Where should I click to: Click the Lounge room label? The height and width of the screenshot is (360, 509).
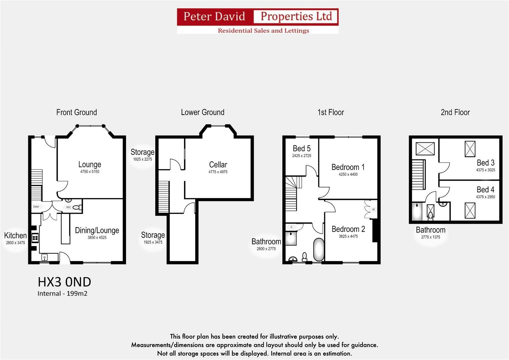pos(90,165)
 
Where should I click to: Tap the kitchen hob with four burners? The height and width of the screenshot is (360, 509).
pos(35,238)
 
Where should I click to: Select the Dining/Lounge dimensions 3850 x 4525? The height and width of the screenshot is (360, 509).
pos(97,237)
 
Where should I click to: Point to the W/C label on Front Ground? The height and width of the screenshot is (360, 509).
pos(68,207)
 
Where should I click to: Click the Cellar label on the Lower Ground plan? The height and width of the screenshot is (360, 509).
pos(218,165)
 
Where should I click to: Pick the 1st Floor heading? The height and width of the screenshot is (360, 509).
pos(331,112)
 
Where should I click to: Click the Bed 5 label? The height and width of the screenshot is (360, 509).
pos(302,148)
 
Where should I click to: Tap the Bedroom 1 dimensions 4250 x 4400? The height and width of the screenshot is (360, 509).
pos(348,174)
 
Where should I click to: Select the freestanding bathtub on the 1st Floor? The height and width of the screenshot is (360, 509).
pos(319,249)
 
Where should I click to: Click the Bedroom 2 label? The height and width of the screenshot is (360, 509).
pos(348,229)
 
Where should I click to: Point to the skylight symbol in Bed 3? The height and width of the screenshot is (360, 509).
pos(470,149)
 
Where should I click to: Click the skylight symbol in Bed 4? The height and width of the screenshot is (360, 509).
pos(470,211)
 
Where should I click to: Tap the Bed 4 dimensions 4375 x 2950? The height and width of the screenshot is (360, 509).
pos(485,197)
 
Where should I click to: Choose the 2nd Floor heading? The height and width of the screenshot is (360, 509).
pos(455,112)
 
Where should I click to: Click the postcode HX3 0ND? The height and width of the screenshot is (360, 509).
pos(65,282)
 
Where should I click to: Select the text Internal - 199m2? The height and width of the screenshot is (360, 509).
pos(62,293)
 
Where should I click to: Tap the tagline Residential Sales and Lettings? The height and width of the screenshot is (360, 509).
pos(263,31)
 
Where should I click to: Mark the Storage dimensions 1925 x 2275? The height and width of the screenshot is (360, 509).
pos(142,159)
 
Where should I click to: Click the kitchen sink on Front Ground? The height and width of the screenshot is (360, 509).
pos(45,257)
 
